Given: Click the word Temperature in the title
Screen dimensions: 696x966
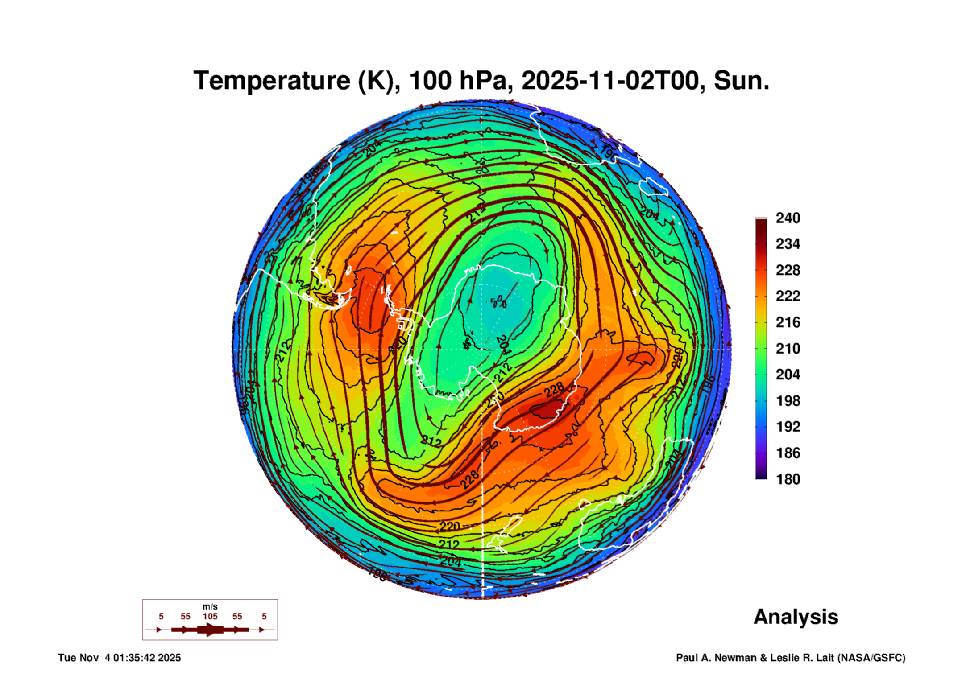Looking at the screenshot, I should click(x=272, y=81).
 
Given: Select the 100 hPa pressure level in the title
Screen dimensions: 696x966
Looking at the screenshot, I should click(x=458, y=81).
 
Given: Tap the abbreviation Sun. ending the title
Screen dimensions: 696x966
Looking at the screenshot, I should click(x=741, y=81).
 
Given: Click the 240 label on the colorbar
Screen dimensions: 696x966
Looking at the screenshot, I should click(x=788, y=218).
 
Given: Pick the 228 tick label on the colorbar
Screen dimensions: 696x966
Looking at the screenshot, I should click(x=788, y=270).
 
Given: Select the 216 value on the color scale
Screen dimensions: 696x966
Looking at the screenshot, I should click(x=788, y=322).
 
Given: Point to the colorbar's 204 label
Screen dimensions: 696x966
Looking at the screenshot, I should click(x=788, y=375).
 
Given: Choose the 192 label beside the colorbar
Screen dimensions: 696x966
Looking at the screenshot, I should click(x=788, y=427).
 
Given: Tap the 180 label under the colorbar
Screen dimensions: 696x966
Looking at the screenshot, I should click(x=788, y=479).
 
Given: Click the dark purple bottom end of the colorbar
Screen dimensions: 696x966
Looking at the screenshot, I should click(x=761, y=476).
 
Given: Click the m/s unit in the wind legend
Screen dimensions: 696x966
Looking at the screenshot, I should click(x=210, y=606).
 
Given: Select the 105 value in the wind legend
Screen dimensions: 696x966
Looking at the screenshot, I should click(x=210, y=616).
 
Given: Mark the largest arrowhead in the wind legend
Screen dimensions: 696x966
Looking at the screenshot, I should click(x=211, y=630).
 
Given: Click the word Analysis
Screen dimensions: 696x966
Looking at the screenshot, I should click(x=796, y=617).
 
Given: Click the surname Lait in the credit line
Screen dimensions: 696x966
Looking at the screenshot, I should click(x=825, y=658).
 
